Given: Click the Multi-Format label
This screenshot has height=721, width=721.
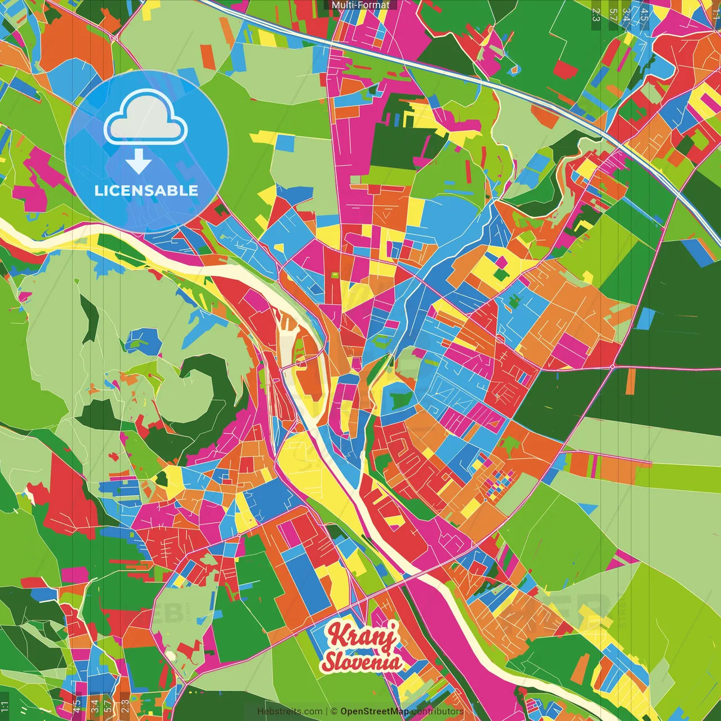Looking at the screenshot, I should (x=360, y=5).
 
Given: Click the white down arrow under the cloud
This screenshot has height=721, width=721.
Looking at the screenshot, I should (x=139, y=162).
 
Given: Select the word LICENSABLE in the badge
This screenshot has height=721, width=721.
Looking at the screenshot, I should (x=146, y=190).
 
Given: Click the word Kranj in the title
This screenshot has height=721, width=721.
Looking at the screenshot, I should (x=363, y=635).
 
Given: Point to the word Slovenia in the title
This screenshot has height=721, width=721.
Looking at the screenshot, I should (x=362, y=661).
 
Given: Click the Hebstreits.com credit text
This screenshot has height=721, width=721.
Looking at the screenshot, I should (x=290, y=711).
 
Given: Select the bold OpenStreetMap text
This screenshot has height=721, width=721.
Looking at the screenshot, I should (x=375, y=711).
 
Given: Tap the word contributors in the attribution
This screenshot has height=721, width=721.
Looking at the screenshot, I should (x=438, y=711).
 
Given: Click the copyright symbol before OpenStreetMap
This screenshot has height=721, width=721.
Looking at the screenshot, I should (x=334, y=711).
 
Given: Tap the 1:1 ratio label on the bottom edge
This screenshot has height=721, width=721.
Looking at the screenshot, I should (x=5, y=706).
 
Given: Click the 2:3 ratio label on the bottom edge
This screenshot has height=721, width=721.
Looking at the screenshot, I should (x=125, y=706).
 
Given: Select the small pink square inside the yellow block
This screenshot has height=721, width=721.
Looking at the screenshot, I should (x=499, y=262).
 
